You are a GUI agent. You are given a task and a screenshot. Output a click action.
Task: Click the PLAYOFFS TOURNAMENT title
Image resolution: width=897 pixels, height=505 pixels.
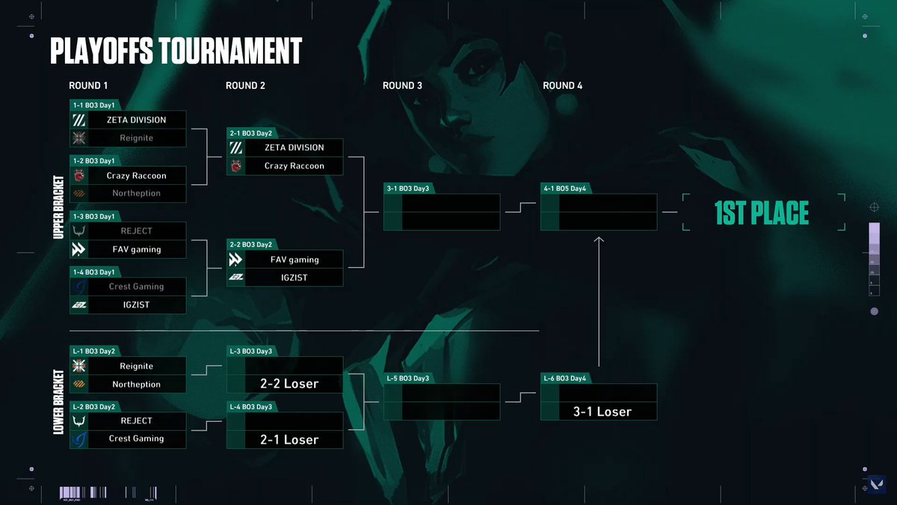coord(176,51)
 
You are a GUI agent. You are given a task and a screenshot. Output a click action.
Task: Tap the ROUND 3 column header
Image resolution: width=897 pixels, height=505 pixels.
coord(402,86)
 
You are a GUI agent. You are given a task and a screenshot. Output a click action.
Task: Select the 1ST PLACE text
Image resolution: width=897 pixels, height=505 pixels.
coord(762,214)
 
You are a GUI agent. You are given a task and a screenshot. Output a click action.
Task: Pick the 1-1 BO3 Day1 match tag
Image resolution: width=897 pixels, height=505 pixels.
coord(93,105)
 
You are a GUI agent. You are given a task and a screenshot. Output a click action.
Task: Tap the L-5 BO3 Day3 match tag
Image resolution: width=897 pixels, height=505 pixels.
coord(407,379)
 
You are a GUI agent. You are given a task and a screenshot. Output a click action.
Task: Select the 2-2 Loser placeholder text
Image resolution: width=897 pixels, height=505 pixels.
coord(289,384)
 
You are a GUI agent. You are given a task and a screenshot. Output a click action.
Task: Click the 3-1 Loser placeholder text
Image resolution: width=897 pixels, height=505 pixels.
coord(602,411)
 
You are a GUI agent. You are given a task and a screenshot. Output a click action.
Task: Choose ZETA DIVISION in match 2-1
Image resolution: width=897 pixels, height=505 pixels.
coord(294,147)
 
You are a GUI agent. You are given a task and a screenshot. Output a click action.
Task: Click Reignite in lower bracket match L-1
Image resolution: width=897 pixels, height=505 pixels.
coord(136,367)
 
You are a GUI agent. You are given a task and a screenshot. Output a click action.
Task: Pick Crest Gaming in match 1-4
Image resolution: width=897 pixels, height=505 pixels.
coord(136,287)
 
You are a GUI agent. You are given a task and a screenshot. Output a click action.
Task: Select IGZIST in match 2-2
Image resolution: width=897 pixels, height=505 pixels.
coord(294,278)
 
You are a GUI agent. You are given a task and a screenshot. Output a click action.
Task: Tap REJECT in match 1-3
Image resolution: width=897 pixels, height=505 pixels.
coord(136,231)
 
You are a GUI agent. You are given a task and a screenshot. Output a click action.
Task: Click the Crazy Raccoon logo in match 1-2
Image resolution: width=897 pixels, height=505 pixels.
coord(79,176)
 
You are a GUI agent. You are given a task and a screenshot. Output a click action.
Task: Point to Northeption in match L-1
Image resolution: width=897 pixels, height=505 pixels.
coord(136,385)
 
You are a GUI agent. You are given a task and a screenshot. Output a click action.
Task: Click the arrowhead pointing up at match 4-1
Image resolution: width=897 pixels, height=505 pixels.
coord(598,240)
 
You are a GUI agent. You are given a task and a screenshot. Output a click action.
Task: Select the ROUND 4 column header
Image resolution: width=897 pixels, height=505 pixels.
coord(563,86)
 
